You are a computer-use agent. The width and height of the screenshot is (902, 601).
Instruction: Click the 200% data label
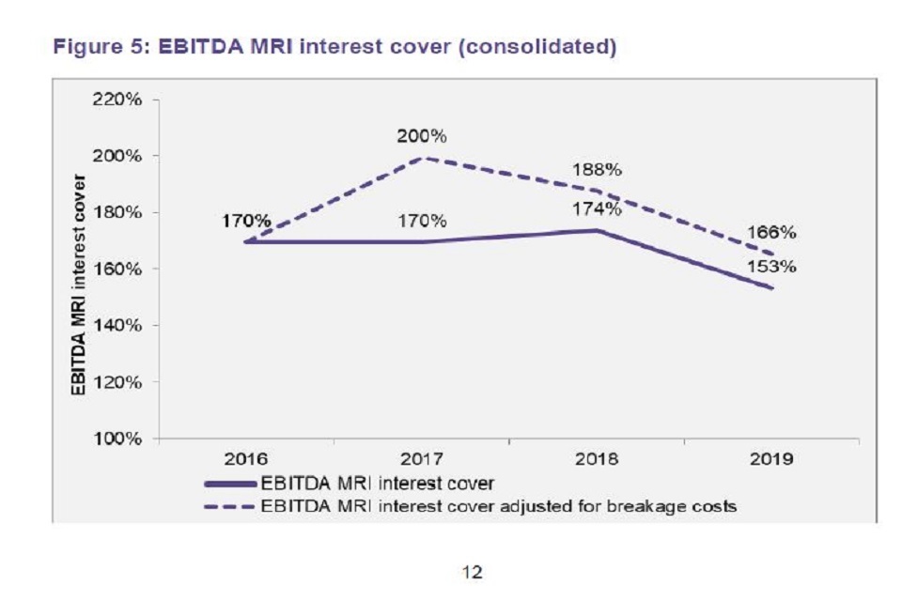pyautogui.click(x=421, y=136)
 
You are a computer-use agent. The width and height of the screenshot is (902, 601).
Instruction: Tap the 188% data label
pyautogui.click(x=598, y=171)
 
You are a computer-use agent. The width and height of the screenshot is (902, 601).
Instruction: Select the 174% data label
pyautogui.click(x=598, y=209)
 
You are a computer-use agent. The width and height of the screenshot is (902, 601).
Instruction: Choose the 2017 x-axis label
pyautogui.click(x=421, y=459)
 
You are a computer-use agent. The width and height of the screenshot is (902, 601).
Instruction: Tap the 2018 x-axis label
pyautogui.click(x=597, y=459)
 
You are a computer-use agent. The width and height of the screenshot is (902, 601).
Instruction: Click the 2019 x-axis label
pyautogui.click(x=772, y=459)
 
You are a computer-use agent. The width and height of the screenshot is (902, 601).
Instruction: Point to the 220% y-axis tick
pyautogui.click(x=117, y=100)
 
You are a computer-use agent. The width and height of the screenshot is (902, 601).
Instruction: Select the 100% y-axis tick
pyautogui.click(x=117, y=439)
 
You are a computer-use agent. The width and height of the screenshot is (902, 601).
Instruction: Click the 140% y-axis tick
pyautogui.click(x=117, y=326)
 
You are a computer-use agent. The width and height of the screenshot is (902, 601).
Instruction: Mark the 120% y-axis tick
pyautogui.click(x=117, y=382)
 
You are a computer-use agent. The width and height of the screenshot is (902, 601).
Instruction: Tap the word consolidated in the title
pyautogui.click(x=542, y=47)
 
